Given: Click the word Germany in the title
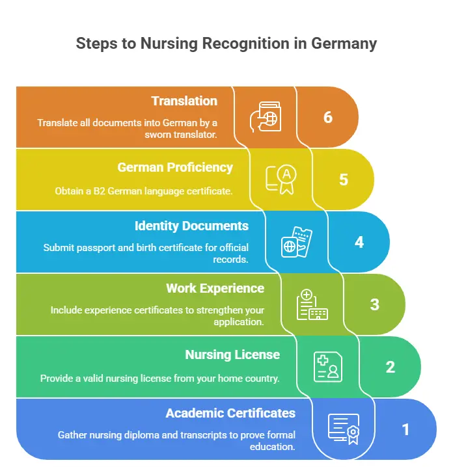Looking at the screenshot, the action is coord(344,44).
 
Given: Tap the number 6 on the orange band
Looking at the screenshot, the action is coord(328,117).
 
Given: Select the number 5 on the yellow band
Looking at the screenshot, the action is coord(343,180).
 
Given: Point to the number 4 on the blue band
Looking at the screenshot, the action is coord(359,242).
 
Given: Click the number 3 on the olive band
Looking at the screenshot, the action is coord(375,304).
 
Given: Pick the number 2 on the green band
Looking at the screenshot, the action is coord(391,367).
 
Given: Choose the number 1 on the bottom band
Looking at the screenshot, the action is coord(405,429).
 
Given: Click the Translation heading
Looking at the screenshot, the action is coord(184,101).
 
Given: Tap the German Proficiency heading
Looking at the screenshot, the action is coord(175,167).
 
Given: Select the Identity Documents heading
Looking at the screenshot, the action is coord(191,226).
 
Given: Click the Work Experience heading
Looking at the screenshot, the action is coord(215,289).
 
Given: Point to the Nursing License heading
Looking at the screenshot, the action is coord(232,354).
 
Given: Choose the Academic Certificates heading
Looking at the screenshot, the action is coord(230,414).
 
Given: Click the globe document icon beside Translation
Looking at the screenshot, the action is coord(266,117).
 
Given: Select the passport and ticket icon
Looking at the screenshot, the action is coord(297,242).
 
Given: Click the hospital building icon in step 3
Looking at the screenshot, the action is coord(312,304).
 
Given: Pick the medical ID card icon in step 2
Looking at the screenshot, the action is coord(328,367).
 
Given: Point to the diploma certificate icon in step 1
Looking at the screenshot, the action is coord(344,429).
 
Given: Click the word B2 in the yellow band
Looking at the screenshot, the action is coord(99,191).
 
